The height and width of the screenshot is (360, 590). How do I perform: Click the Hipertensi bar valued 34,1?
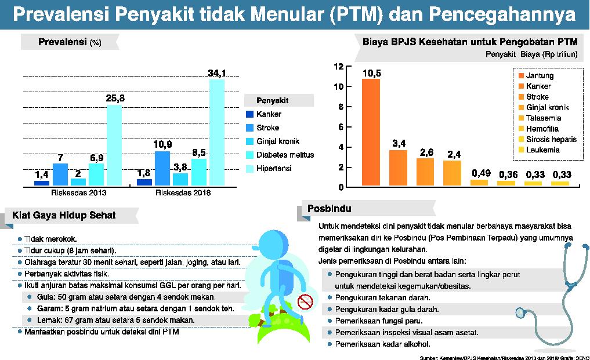[216, 132]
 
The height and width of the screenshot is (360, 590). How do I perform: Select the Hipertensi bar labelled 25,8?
[114, 145]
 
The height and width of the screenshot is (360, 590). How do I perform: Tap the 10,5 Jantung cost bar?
[371, 132]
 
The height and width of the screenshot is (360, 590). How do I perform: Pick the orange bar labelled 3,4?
[398, 167]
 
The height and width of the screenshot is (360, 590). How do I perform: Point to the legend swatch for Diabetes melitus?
[249, 155]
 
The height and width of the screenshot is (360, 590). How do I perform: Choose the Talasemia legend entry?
[544, 118]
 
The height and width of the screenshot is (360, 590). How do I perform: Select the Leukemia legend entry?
[542, 150]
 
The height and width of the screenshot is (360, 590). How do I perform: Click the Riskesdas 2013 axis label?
[78, 192]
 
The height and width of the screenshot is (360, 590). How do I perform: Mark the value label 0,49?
[479, 173]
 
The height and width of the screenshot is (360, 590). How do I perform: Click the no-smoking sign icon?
[305, 301]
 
